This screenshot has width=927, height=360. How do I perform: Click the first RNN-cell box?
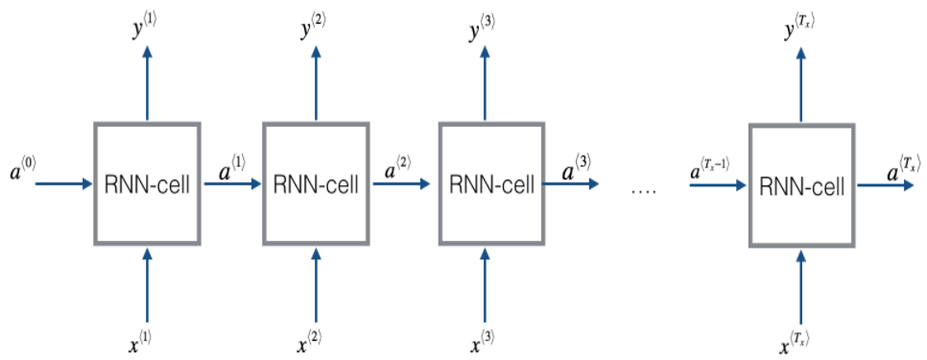click(x=147, y=182)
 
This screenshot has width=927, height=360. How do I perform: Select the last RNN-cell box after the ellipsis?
click(x=801, y=183)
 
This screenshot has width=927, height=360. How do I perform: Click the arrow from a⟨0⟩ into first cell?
click(x=63, y=182)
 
